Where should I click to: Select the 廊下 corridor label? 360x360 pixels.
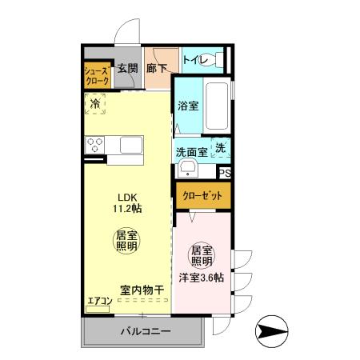(157, 69)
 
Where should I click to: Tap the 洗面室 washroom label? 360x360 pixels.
(192, 150)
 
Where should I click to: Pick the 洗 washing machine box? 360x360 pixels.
(221, 148)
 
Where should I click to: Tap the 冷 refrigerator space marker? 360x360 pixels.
(95, 102)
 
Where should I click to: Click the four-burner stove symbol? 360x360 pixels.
(95, 146)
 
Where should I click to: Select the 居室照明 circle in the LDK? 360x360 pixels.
(126, 242)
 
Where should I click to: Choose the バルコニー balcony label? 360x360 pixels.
(145, 331)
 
